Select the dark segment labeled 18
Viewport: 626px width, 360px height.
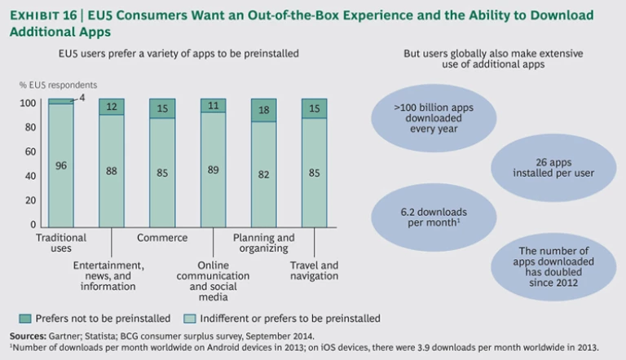pos(263,110)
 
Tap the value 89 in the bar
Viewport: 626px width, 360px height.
pos(212,171)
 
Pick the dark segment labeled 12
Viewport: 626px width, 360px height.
pos(112,108)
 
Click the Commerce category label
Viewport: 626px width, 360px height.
pos(161,238)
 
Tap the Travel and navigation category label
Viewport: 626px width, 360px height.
pos(314,270)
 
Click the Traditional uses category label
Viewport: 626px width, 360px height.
pos(61,243)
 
